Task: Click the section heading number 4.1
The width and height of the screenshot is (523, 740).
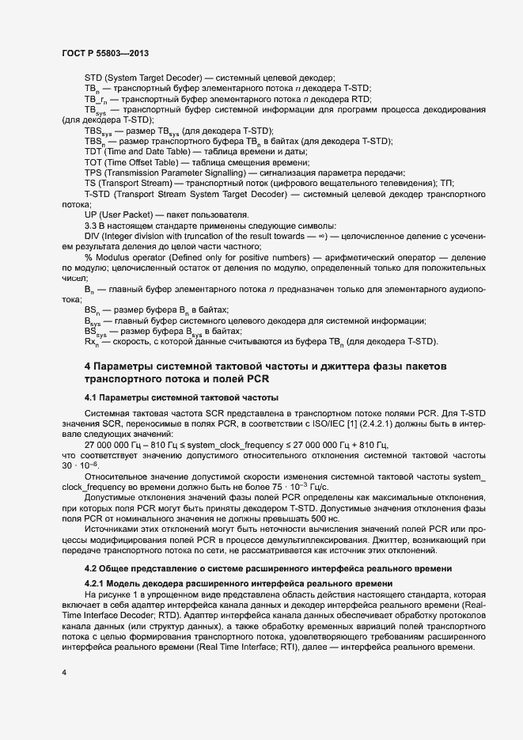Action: pyautogui.click(x=91, y=396)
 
